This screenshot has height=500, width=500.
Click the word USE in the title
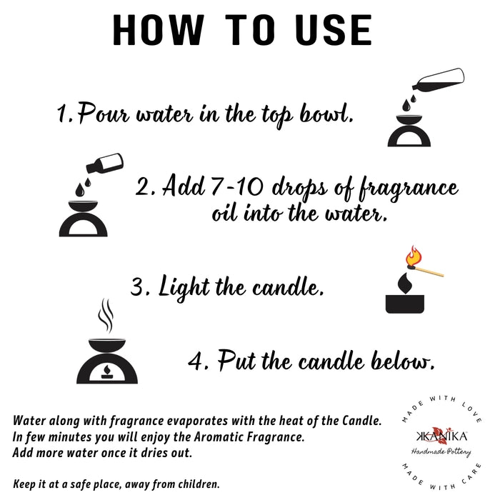pos(334,30)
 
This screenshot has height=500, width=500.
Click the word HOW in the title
pos(158,30)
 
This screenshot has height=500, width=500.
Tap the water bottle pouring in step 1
pos(439,80)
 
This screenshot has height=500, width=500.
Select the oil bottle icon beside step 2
pos(105,163)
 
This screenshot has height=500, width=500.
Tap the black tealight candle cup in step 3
pos(405,304)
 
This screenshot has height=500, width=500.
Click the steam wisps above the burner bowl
pos(106,316)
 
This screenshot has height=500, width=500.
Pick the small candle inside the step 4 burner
pos(107,372)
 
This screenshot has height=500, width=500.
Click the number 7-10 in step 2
pos(237,186)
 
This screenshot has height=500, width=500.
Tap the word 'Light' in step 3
pos(184,286)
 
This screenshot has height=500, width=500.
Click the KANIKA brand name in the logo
pos(441,436)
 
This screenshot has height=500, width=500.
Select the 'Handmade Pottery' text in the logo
pos(441,452)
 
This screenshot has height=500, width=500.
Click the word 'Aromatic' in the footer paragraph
pos(215,436)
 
